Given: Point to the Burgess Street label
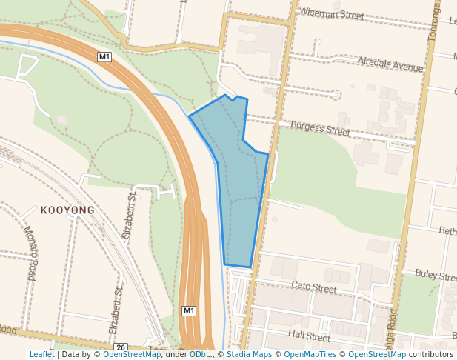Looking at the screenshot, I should click(320, 128).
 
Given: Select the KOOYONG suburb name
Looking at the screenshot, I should click(68, 210).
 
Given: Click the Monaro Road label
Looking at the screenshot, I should click(29, 252).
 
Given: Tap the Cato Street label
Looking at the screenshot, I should click(314, 286).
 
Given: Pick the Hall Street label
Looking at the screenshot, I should click(309, 336).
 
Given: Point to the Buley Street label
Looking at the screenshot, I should click(435, 276).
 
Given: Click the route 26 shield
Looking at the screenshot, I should click(121, 347).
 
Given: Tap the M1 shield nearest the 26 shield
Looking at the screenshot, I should click(189, 310).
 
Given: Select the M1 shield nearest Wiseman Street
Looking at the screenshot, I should click(104, 56).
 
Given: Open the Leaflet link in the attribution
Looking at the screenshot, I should click(41, 355).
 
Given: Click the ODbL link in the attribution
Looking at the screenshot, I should click(199, 355).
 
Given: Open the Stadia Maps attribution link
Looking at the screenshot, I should click(248, 355).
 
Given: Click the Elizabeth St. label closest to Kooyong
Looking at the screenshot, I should click(133, 215).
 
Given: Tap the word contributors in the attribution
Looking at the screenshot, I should click(431, 355).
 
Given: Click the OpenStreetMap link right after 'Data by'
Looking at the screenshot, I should click(131, 355).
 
